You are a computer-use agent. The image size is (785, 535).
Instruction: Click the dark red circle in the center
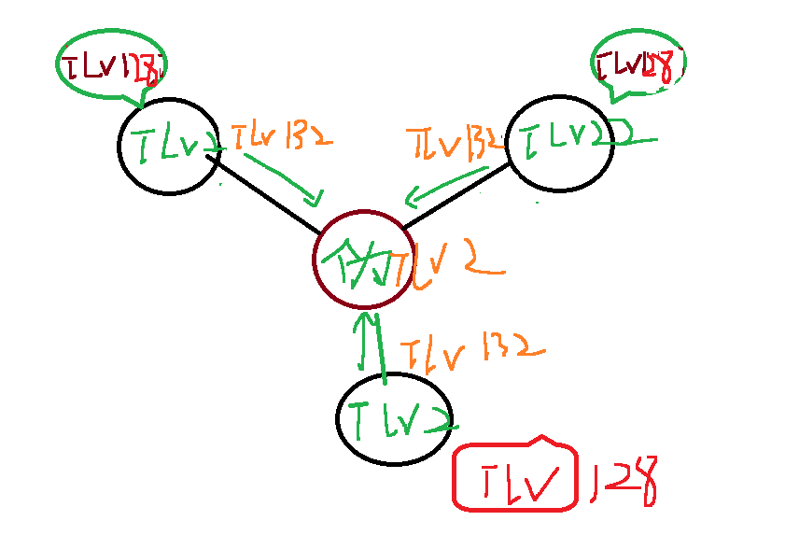click(x=359, y=260)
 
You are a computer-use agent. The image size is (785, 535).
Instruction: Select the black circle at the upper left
click(x=169, y=146)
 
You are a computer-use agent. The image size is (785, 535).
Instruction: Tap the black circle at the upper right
click(x=559, y=143)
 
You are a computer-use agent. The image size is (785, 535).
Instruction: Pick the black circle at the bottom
click(x=394, y=419)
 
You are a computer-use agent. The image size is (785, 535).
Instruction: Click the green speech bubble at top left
click(x=110, y=64)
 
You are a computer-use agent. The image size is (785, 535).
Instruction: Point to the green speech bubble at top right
click(x=638, y=64)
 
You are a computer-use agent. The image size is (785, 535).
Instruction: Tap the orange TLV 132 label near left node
click(x=278, y=138)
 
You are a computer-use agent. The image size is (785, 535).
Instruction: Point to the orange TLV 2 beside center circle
click(x=448, y=267)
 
